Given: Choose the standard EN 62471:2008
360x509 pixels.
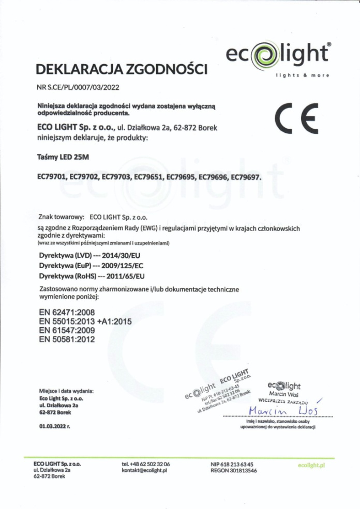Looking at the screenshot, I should click(x=67, y=313).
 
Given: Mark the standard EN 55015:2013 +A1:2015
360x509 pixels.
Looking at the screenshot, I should click(x=85, y=321).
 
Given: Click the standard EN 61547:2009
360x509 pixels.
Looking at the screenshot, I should click(x=67, y=330).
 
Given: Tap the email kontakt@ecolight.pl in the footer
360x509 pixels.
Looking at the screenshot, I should click(x=144, y=470).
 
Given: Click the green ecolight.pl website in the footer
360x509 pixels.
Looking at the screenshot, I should click(x=311, y=466).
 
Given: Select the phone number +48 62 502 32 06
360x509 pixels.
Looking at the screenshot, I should click(x=150, y=464).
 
